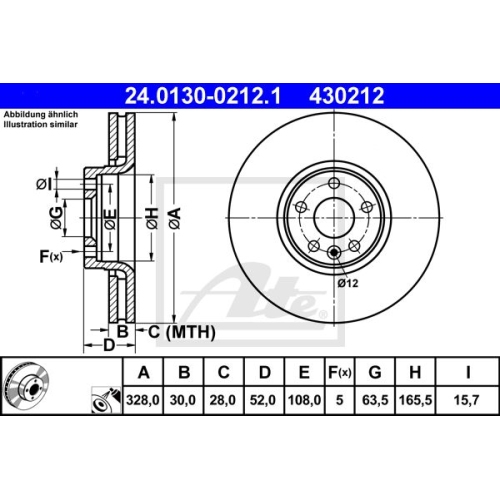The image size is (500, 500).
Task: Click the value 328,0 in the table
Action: [x=145, y=399]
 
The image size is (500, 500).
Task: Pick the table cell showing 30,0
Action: [x=185, y=399]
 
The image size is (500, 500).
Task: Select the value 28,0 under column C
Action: [x=224, y=399]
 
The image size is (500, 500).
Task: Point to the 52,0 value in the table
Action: [x=264, y=399]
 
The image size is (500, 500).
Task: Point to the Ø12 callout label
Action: [x=347, y=283]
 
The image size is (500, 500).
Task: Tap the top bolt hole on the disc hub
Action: [x=330, y=181]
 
